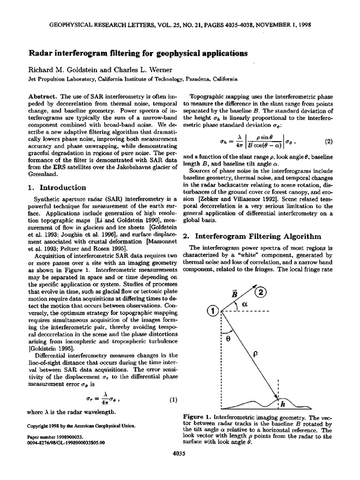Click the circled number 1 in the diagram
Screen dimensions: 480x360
[x=213, y=311]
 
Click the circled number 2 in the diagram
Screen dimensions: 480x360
[x=261, y=292]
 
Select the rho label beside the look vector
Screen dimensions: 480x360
[x=255, y=355]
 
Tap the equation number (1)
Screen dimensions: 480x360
[x=173, y=400]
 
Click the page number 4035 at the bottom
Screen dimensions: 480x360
[x=180, y=467]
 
